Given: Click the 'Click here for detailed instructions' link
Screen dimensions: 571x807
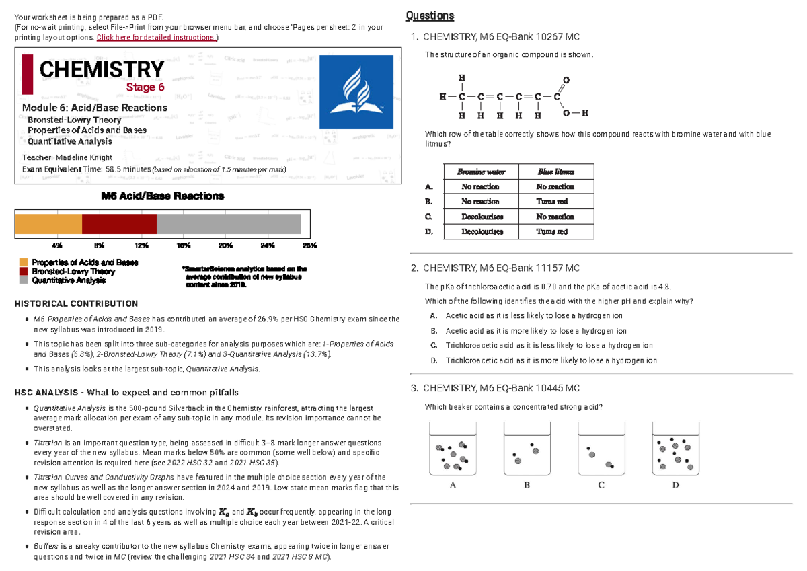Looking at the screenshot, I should (156, 37).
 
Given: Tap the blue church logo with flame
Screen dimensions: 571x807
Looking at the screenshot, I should (355, 91).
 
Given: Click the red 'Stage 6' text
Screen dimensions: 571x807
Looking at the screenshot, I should (145, 87).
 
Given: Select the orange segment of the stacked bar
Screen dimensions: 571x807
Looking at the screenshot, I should (48, 224).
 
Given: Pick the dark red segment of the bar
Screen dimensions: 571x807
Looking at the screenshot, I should (119, 224).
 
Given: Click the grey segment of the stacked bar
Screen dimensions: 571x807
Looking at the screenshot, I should (229, 224).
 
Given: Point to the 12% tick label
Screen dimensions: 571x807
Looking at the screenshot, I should (141, 245).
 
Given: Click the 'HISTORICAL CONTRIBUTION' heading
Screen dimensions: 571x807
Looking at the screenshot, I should (76, 304).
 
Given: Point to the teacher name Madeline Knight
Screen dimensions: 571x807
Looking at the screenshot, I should (85, 157).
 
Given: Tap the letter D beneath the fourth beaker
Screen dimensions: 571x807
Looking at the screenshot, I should (675, 484).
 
